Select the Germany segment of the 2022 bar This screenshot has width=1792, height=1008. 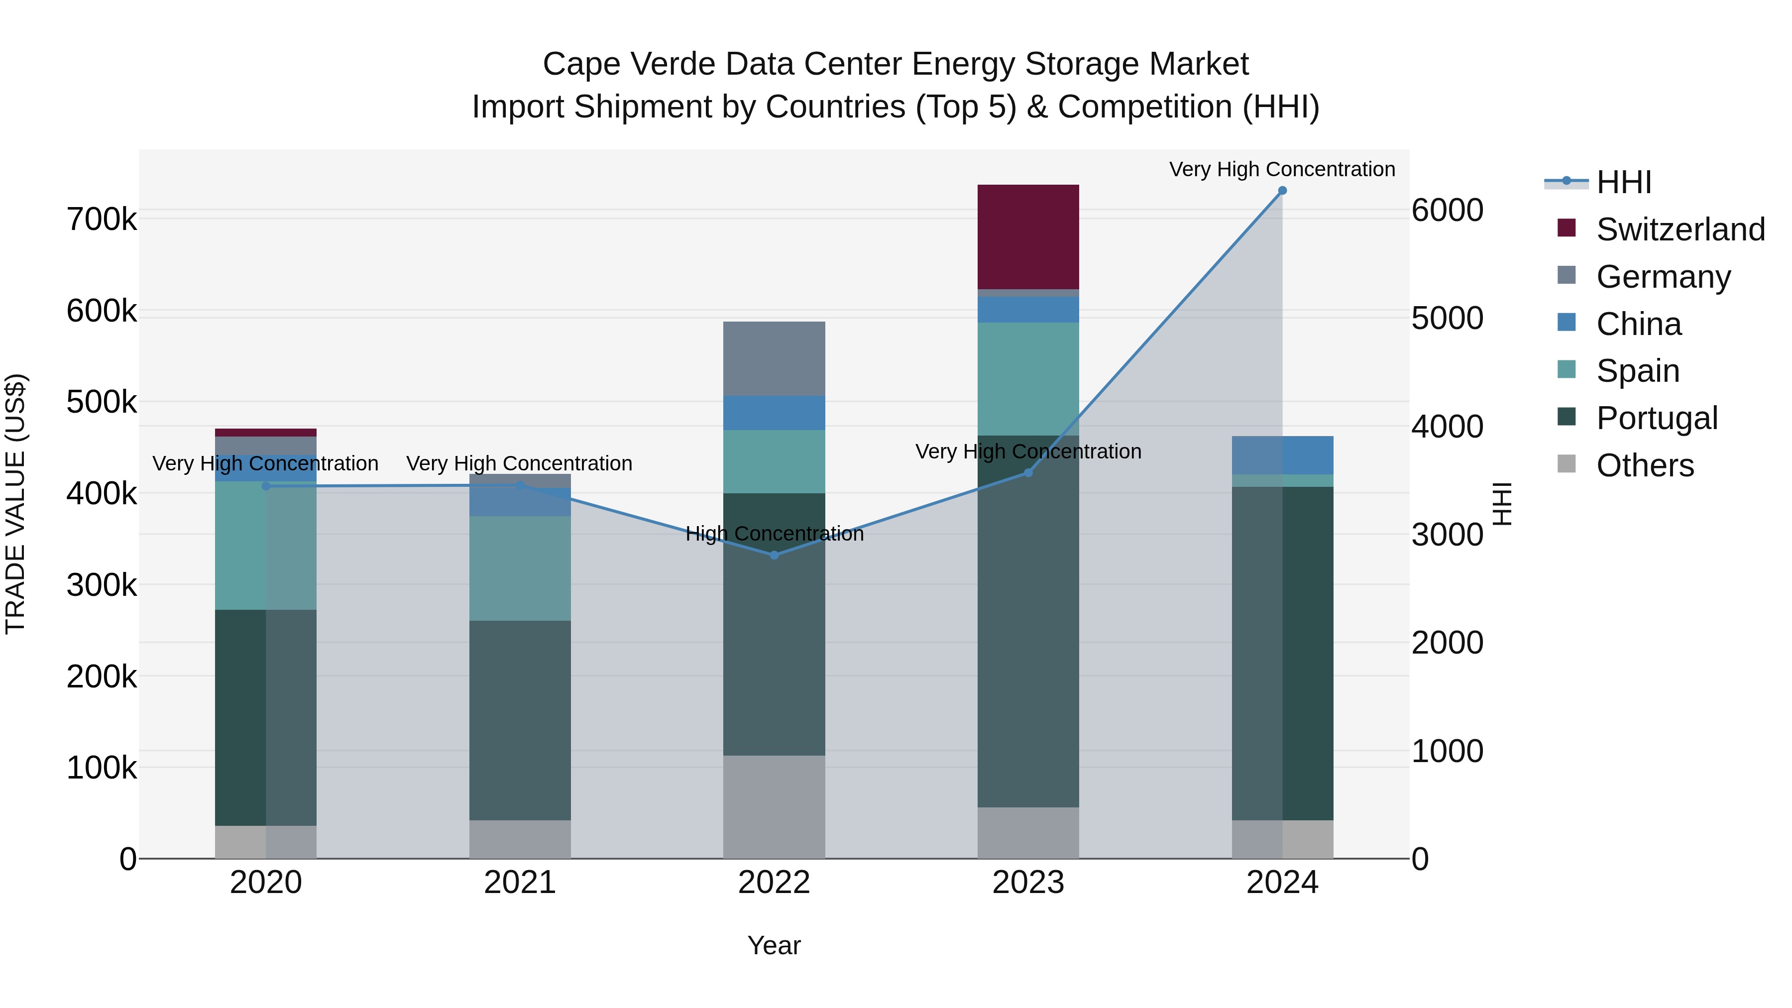(x=774, y=358)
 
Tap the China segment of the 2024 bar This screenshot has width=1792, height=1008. (x=1282, y=455)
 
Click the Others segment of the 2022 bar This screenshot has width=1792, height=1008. (x=774, y=806)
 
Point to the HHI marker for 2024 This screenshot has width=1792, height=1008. (x=1282, y=191)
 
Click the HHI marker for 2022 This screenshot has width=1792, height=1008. (x=774, y=555)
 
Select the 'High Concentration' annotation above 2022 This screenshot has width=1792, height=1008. (x=774, y=534)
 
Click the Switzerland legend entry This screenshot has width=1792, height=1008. (x=1680, y=229)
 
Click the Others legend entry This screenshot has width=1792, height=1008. (x=1645, y=465)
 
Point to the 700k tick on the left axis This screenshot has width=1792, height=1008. (x=102, y=220)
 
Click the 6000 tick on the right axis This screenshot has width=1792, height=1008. (x=1448, y=210)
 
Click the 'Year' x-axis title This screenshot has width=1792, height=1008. (x=774, y=945)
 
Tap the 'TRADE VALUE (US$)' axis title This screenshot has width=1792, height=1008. (x=15, y=504)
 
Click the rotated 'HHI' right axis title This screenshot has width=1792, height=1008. (x=1503, y=504)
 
